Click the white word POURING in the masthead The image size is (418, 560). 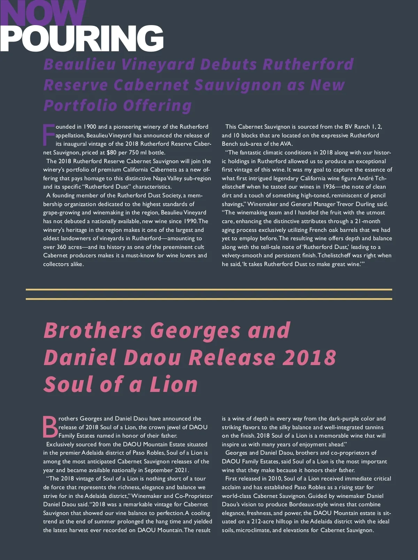pyautogui.click(x=82, y=38)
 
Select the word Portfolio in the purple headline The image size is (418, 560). pyautogui.click(x=80, y=105)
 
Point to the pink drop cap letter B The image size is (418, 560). pyautogui.click(x=50, y=426)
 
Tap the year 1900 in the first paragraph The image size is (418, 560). pyautogui.click(x=90, y=127)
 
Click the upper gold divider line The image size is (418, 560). pyautogui.click(x=209, y=289)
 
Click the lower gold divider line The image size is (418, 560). pyautogui.click(x=209, y=299)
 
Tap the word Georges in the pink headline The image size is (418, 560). pyautogui.click(x=195, y=330)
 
